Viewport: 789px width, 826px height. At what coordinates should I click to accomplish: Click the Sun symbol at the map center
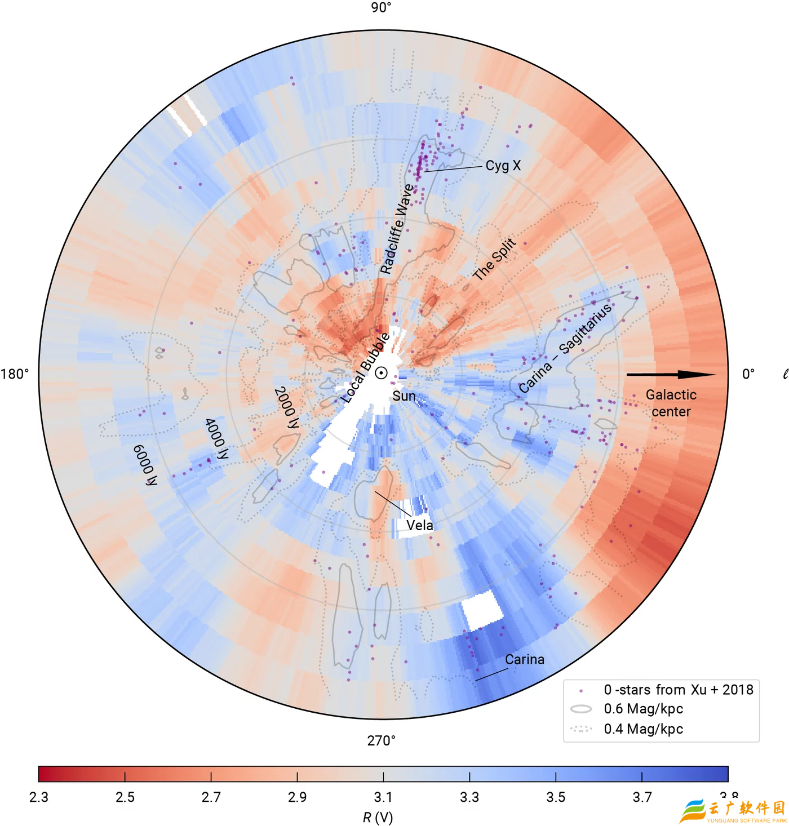382,373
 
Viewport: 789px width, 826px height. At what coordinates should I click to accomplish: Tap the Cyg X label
503,166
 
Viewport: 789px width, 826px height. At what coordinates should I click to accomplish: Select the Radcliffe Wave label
397,229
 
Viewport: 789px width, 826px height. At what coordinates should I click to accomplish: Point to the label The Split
494,259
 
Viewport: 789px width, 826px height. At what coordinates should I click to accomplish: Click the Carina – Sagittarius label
565,348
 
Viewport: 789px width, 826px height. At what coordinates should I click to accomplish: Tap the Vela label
420,525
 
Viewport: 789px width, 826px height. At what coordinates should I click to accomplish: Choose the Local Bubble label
366,367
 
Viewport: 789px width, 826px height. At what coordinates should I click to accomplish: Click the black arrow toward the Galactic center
671,374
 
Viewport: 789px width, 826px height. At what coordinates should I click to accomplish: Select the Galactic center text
671,403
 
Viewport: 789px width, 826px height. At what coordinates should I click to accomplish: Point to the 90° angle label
381,7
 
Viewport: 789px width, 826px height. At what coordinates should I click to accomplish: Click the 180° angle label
15,374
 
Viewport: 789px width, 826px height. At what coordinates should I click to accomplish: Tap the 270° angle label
382,740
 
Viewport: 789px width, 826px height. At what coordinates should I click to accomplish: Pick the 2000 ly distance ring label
286,407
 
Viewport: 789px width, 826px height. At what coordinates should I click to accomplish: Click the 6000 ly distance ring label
145,465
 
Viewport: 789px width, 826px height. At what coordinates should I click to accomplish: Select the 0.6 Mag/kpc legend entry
643,709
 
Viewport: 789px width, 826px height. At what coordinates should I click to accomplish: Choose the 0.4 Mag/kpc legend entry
643,729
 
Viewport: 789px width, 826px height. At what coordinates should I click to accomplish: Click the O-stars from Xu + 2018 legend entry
678,690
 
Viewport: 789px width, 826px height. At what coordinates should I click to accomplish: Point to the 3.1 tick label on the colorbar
383,797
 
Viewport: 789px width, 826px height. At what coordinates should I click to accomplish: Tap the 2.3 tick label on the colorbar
39,797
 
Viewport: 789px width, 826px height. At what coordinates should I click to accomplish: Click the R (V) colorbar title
378,817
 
